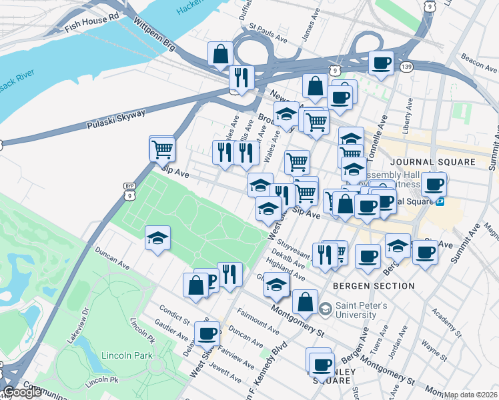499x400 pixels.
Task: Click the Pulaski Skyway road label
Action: point(116,119)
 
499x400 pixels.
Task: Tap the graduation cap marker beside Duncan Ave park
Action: point(157,238)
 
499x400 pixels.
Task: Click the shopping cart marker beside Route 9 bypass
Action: point(162,149)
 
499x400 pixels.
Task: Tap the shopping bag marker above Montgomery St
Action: point(305,301)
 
